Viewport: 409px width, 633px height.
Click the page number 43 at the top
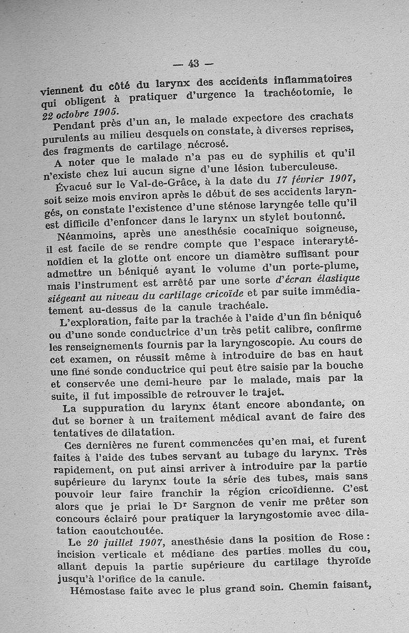pos(193,63)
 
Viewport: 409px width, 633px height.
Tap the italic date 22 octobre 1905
pos(79,113)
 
